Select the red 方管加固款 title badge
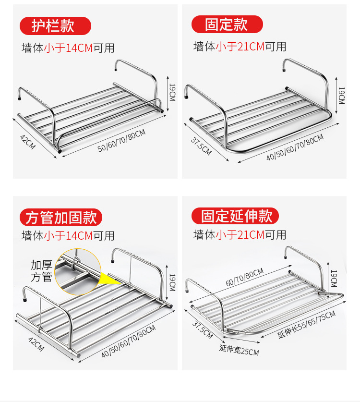pos(60,217)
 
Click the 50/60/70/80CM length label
pos(121,141)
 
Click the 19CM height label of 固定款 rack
pos(341,95)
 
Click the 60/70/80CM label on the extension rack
pos(244,279)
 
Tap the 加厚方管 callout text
pos(41,271)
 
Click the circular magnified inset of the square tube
pos(77,272)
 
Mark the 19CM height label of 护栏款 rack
pos(171,91)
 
